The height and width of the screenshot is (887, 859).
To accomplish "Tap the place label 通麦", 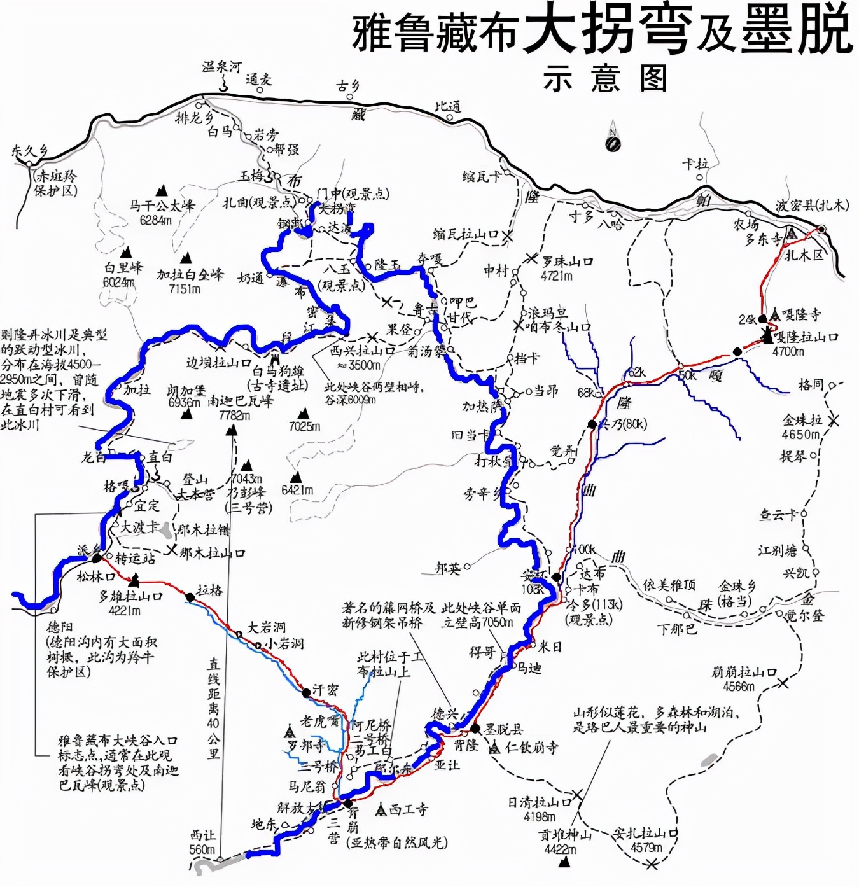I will point(258,80).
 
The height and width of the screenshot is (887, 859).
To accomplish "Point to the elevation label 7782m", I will point(234,416).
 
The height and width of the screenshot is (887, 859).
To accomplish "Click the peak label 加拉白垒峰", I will point(190,275).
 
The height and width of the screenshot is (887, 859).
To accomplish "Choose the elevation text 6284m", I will point(155,220).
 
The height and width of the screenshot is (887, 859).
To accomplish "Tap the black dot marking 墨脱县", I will point(475,729).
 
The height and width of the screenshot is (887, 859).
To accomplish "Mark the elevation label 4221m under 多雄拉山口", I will point(125,611).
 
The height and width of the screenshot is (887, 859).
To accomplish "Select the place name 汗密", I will point(325,690).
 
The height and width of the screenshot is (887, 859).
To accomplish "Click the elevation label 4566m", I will point(738,687).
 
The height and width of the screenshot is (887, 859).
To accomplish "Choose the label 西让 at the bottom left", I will point(202,835).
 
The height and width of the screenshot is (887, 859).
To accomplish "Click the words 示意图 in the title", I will point(604,80).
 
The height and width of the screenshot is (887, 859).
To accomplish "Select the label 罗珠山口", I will point(567,262).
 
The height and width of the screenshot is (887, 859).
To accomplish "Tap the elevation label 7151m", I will point(185,289).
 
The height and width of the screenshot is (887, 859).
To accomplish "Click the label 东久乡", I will point(29,151).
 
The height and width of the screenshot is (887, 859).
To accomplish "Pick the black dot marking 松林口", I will point(97,559).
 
